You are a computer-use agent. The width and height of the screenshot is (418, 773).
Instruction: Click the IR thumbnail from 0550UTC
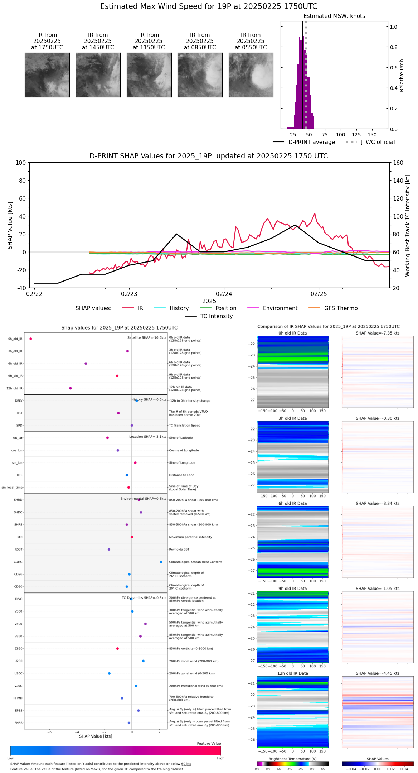click(251, 75)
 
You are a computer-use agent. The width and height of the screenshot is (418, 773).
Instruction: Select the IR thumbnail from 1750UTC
click(47, 75)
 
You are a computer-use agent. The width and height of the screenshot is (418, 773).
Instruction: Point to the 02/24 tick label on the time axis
click(224, 294)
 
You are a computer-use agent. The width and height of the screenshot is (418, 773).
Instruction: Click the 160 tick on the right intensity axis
click(398, 163)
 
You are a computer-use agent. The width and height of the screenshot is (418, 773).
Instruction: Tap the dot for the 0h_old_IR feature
click(31, 339)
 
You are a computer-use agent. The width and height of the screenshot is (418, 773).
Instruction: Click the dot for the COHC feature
click(161, 562)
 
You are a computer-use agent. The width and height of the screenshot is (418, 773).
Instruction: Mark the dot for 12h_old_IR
click(71, 388)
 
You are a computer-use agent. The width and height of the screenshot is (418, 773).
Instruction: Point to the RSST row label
click(19, 549)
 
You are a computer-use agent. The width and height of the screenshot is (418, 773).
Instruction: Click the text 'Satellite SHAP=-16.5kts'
click(147, 338)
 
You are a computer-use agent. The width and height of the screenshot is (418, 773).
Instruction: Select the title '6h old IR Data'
click(292, 504)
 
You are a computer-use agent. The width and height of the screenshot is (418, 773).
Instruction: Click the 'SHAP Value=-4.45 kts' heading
click(378, 674)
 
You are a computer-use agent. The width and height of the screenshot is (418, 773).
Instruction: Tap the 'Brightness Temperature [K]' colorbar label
click(292, 759)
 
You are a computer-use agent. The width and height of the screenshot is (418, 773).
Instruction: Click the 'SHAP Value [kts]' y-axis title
click(10, 225)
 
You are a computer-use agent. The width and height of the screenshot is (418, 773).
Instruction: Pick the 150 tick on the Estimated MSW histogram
click(372, 135)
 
